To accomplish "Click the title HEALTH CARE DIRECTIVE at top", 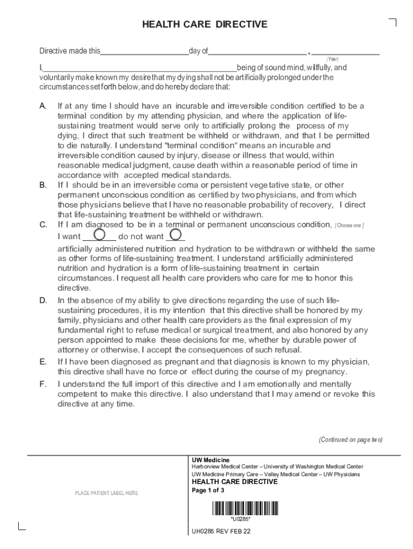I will click(x=204, y=25).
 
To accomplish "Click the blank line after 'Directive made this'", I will click(x=144, y=51).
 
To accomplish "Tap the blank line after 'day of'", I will click(x=257, y=51).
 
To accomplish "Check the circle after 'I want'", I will click(x=99, y=234).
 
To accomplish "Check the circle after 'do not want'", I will click(x=175, y=234).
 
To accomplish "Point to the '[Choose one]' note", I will click(x=349, y=226).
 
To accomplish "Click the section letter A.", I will click(x=43, y=106).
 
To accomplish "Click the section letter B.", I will click(x=43, y=185).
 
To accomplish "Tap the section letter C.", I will click(x=43, y=225).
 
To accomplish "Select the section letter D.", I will click(x=43, y=300).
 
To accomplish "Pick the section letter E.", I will click(x=43, y=362).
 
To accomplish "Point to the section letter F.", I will click(x=43, y=384).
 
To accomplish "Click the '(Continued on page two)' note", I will click(x=350, y=440).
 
